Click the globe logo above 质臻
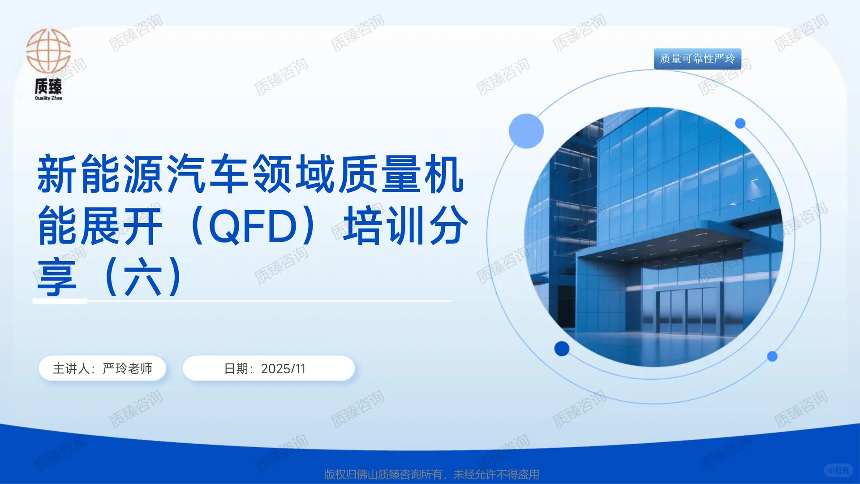[48, 51]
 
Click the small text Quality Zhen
[48, 98]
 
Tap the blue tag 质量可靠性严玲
[697, 59]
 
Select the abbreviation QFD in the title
[253, 225]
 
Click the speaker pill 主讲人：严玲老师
[102, 368]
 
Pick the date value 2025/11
[283, 369]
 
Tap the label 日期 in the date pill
[236, 369]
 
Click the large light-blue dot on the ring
[526, 131]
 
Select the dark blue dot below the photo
[562, 348]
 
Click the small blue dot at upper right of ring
[740, 123]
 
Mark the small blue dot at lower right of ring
[772, 356]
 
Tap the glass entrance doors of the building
[688, 309]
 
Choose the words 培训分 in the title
[405, 225]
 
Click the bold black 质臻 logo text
[48, 86]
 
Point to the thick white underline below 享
[60, 301]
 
